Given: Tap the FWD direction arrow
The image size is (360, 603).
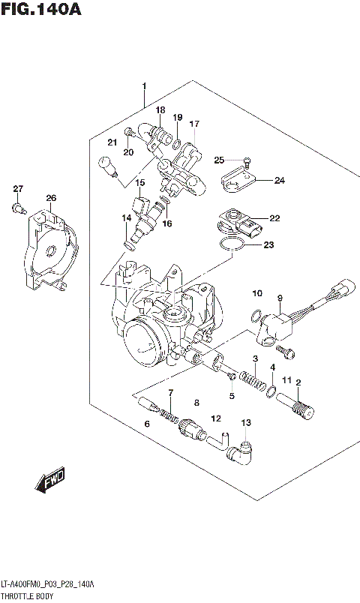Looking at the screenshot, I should [51, 478].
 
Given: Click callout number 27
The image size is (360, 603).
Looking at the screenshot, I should [18, 188].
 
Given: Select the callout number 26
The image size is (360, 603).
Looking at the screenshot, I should [50, 198].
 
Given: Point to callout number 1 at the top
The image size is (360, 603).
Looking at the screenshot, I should [144, 86].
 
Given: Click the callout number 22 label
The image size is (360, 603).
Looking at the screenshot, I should [274, 218].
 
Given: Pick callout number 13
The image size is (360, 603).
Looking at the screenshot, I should [244, 424].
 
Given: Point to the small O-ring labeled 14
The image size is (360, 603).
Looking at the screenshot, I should [129, 244].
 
